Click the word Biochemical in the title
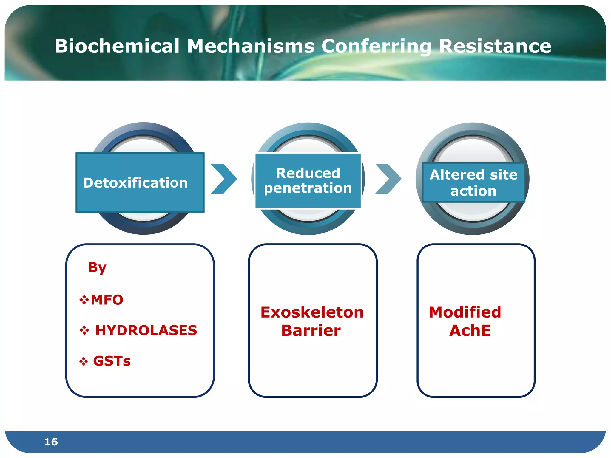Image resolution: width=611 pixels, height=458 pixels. [x=117, y=47]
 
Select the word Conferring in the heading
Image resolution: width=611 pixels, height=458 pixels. [x=376, y=47]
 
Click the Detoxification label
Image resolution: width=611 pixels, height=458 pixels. [x=135, y=183]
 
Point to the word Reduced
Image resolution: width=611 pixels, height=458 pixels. [x=308, y=173]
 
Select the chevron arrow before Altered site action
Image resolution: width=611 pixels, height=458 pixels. [x=388, y=179]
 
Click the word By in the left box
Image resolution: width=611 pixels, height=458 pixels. [x=97, y=267]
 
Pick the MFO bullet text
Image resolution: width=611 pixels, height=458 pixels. [x=107, y=300]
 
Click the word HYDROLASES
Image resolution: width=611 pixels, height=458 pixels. [x=146, y=330]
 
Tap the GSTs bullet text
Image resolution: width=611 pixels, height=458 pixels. [x=112, y=361]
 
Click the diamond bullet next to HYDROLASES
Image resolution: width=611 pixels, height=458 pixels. [x=84, y=330]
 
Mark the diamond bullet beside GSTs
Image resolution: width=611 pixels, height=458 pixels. [x=84, y=361]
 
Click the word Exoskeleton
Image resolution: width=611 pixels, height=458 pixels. [x=312, y=312]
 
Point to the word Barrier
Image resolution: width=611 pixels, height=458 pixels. [x=311, y=331]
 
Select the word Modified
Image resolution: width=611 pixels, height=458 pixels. [x=465, y=312]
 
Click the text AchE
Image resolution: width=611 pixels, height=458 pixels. [x=470, y=331]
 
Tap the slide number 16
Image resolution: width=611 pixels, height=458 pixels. [x=51, y=442]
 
